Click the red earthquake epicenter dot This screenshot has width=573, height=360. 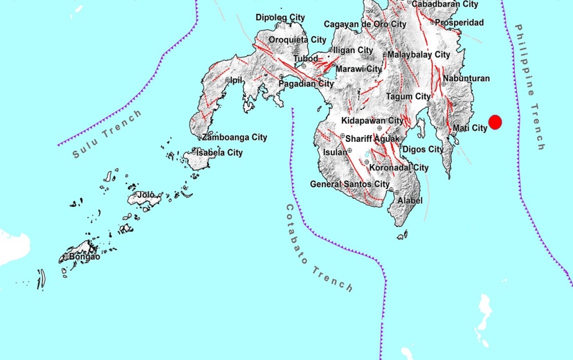point(495,123)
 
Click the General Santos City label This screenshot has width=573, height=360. point(349,184)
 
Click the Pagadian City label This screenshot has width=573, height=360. point(306,84)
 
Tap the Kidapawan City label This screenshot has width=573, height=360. point(372,120)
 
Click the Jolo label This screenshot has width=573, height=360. point(146,195)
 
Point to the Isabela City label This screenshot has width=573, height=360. point(219,152)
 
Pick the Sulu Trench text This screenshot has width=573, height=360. point(107,134)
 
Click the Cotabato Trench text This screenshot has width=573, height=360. point(318,248)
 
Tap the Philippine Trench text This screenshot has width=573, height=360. point(531,87)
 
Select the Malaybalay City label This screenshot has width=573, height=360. point(419,54)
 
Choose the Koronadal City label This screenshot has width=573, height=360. point(399,168)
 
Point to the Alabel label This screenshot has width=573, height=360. point(410,201)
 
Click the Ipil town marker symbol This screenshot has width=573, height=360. point(228,80)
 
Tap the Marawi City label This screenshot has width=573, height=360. point(358,69)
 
